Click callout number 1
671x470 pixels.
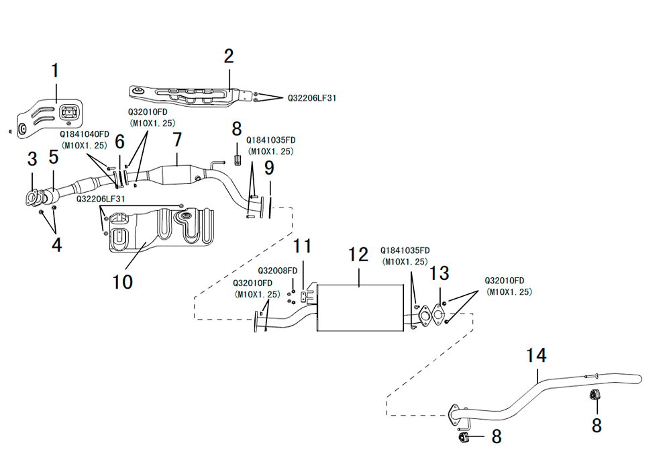55,70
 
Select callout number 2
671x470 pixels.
229,56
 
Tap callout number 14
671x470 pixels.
536,355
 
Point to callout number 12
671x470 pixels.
358,254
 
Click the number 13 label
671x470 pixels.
440,273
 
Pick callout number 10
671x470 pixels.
122,282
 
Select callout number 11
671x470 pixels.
302,246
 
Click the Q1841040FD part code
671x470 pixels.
85,134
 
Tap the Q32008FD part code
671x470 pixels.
277,271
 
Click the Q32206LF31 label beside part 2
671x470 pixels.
312,98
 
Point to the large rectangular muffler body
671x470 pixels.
360,308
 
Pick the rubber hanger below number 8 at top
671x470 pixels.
238,161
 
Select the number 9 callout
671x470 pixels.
269,168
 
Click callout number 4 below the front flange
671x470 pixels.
56,245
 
